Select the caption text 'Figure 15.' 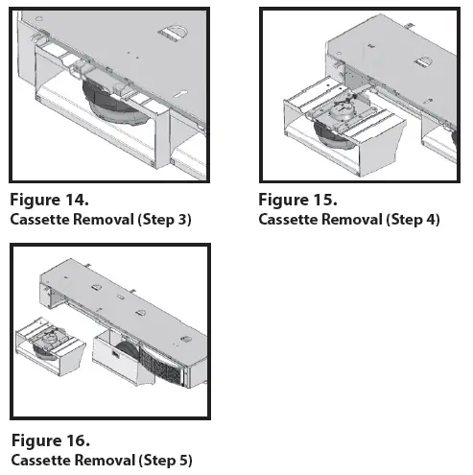click(297, 202)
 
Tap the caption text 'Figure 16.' click(50, 441)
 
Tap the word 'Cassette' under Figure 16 click(40, 460)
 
